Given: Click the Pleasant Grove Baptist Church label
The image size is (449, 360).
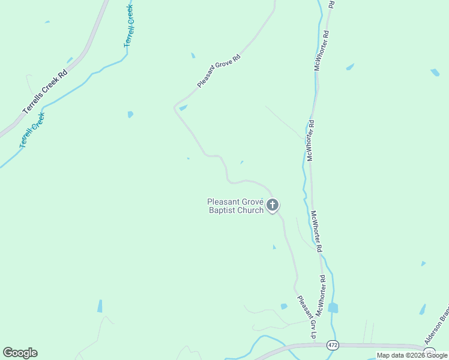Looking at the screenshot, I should [235, 206].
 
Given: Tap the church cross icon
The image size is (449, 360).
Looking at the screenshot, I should [273, 206].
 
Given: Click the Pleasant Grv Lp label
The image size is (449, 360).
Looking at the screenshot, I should [306, 317].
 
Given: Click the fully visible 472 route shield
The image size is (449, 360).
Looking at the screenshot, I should [333, 345].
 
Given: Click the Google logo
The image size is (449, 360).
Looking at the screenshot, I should [20, 353].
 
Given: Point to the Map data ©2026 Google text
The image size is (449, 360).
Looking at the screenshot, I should [412, 355].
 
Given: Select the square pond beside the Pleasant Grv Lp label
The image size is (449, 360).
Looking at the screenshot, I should [333, 308].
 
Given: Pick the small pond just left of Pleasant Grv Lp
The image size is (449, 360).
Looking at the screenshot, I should [284, 307].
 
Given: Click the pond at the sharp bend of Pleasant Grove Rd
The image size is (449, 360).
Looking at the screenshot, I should [183, 107].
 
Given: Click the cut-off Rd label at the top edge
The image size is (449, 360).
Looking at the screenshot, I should [331, 4].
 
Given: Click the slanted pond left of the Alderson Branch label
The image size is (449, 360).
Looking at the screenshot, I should [423, 309].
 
